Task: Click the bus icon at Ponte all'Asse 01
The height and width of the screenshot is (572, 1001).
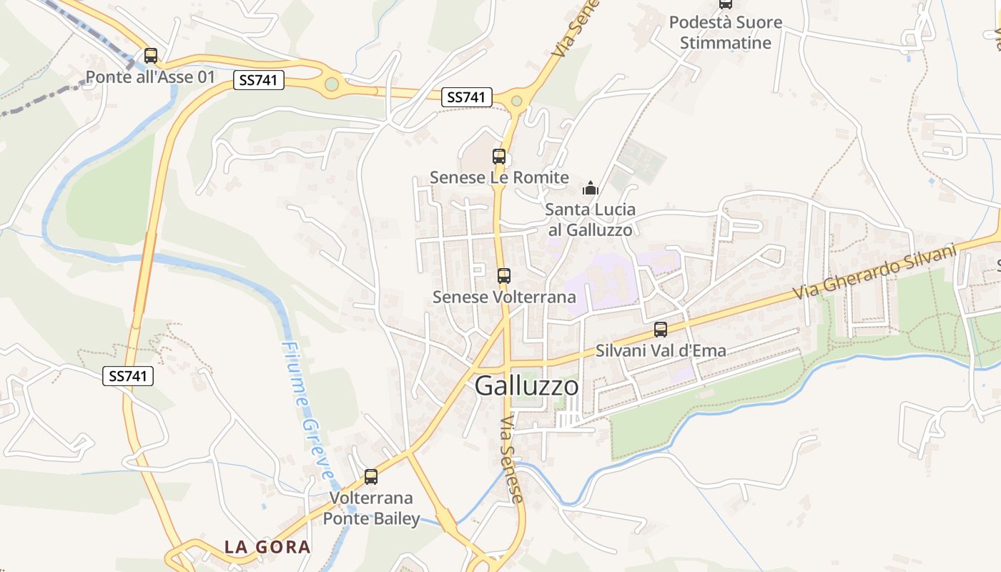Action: click(150, 56)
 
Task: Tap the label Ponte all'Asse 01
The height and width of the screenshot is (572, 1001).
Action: click(150, 77)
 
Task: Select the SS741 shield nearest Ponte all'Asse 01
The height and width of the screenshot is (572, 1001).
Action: click(259, 80)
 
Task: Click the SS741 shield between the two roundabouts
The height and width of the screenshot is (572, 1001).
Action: click(467, 97)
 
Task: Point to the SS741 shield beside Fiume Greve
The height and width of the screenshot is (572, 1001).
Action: click(128, 375)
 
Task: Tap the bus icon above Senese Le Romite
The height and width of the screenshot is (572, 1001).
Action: click(499, 157)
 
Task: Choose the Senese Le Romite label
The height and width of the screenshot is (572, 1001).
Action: click(499, 177)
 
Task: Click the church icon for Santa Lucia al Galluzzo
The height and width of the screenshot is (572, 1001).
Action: click(591, 189)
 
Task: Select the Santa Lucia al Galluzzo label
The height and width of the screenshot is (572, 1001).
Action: click(591, 220)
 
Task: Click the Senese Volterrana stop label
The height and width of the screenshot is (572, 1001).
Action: click(504, 296)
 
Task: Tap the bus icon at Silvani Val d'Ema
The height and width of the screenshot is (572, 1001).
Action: click(661, 330)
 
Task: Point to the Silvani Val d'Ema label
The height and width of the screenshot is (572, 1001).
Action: click(661, 350)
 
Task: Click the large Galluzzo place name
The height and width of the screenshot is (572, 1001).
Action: click(527, 386)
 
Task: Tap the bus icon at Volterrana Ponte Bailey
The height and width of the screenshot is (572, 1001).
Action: click(371, 477)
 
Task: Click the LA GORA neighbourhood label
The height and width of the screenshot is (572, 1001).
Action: click(267, 547)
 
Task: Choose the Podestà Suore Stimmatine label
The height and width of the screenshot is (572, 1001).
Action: click(725, 32)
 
